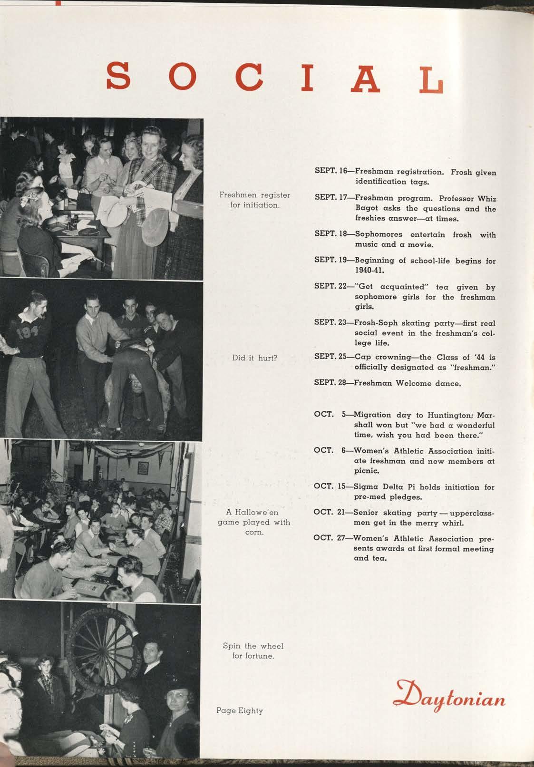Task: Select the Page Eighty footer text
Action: pos(239,710)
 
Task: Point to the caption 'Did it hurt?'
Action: pos(254,358)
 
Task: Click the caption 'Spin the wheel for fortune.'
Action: pos(253,650)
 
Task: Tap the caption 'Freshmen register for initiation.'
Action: pos(254,200)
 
